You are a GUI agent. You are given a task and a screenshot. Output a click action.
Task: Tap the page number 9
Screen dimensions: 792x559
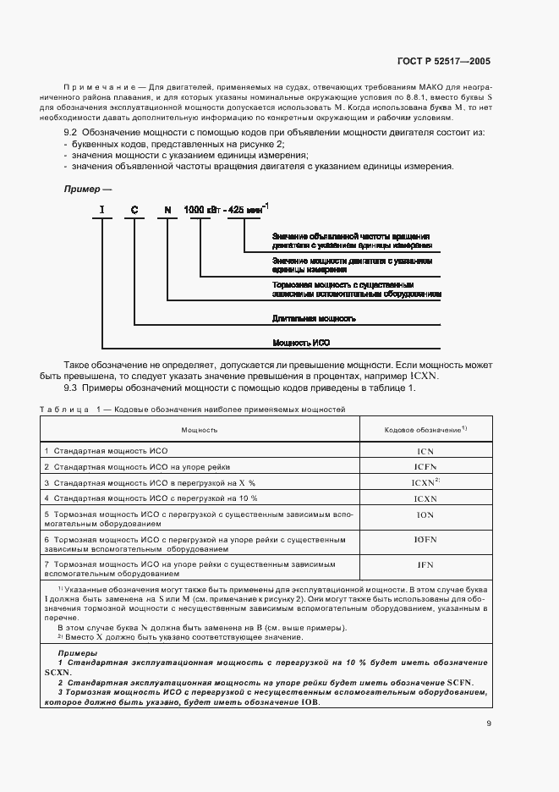pos(488,723)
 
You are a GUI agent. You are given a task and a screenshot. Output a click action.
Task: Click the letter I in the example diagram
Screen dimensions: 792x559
pos(102,209)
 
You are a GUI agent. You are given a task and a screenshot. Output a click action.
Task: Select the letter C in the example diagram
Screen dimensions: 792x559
pos(134,209)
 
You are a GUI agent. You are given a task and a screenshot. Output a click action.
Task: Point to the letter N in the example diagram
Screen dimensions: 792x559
pos(167,209)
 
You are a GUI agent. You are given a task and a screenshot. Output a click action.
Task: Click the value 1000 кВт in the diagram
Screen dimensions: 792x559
pos(205,209)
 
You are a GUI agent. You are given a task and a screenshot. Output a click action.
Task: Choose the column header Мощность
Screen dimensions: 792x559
pos(200,430)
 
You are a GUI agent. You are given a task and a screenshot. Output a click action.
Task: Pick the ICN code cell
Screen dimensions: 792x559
pos(425,452)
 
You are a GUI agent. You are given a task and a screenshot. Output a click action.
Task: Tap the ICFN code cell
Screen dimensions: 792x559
pos(425,467)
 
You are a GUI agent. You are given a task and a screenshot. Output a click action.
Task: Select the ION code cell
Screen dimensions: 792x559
pos(425,514)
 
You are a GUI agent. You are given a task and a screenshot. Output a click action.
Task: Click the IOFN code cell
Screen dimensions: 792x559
pos(425,539)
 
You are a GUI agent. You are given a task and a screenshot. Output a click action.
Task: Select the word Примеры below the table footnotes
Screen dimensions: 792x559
pos(77,654)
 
